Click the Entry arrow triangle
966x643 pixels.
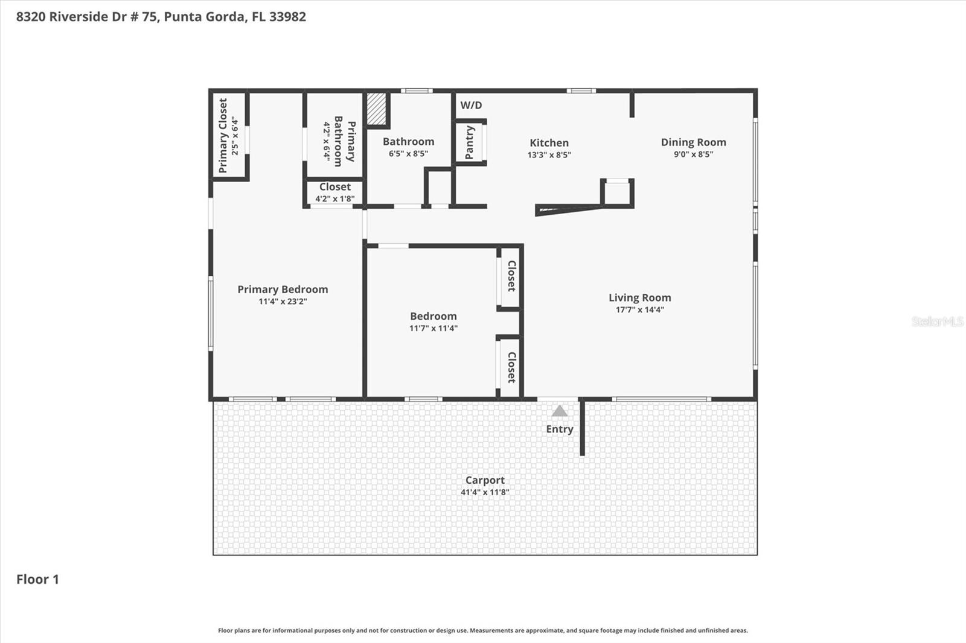tap(560, 411)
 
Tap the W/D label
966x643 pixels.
tap(471, 106)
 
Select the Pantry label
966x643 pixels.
tap(470, 142)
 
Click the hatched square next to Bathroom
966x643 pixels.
tap(376, 109)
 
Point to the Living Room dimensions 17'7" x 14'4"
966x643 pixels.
tap(639, 310)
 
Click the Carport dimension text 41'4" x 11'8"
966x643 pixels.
tap(485, 492)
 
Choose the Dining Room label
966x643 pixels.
tap(693, 142)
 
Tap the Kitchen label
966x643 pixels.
tap(549, 143)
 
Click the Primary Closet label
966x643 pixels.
tap(223, 136)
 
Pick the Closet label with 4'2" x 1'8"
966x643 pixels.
tap(334, 187)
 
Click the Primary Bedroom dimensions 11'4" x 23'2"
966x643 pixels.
tap(283, 302)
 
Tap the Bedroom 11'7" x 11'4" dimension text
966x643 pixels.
tap(433, 329)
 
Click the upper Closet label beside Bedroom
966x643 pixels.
tap(511, 276)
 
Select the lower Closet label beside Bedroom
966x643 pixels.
tap(511, 367)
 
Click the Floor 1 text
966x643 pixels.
tap(37, 580)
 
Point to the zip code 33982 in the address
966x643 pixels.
tap(287, 17)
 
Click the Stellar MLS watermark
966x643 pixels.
tap(937, 321)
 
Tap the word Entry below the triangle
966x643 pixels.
tap(560, 429)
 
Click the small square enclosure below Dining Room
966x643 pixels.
tap(617, 193)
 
